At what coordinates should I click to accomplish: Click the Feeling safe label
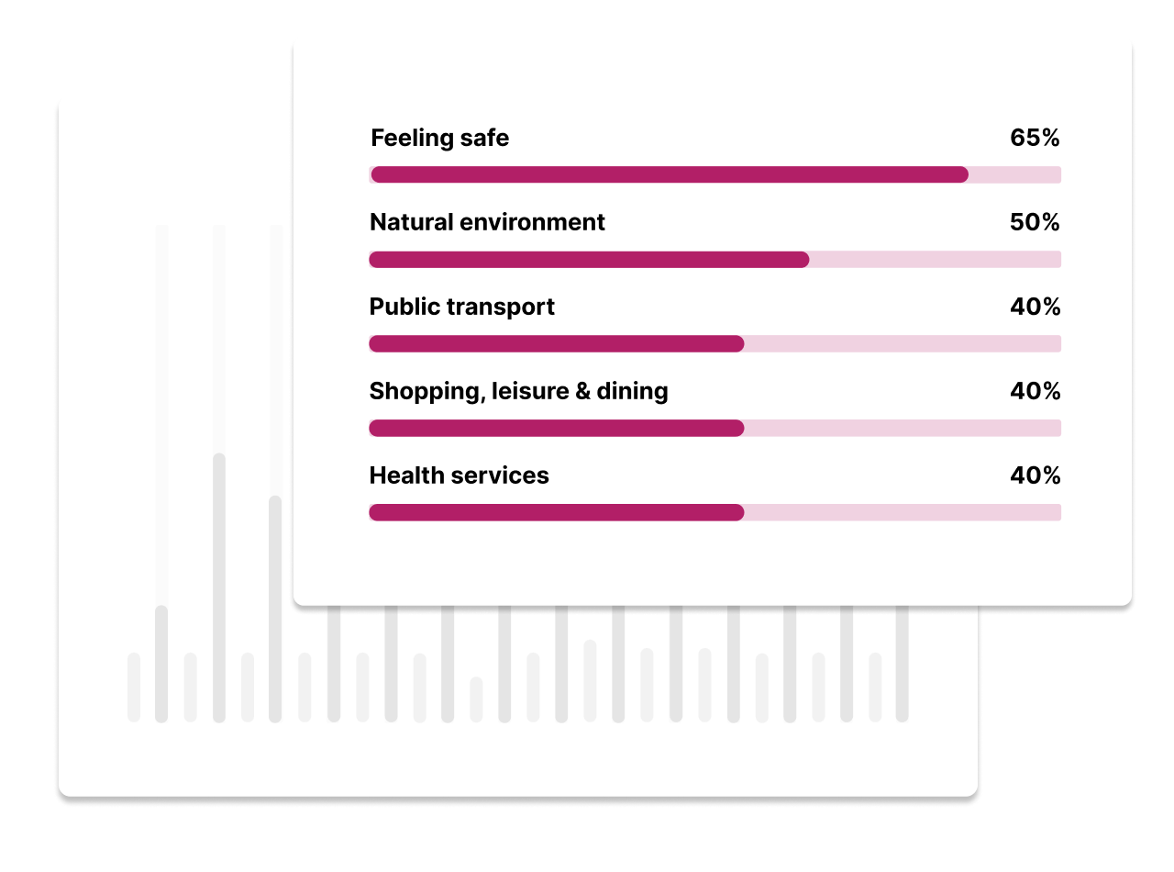[439, 139]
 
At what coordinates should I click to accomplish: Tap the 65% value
[1035, 138]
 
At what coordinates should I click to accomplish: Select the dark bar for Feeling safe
[670, 174]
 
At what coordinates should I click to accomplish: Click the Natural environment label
[487, 222]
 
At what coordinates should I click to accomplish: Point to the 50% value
[1035, 222]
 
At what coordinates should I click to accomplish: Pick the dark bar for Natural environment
[589, 260]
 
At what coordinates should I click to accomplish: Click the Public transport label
[461, 307]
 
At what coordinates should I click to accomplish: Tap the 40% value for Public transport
[1035, 307]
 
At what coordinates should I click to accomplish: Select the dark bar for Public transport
[557, 344]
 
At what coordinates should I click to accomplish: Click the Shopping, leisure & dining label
[519, 392]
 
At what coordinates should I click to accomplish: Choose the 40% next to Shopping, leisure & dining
[1035, 391]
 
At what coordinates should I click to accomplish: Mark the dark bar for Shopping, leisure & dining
[557, 428]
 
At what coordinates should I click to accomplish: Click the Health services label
[459, 475]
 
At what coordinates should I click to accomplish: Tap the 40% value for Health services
[1035, 475]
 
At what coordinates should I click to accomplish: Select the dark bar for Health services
[557, 512]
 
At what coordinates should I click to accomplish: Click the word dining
[632, 392]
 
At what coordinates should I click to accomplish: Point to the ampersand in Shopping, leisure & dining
[582, 391]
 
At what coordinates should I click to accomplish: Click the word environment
[532, 222]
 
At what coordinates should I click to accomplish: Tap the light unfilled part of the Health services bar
[903, 512]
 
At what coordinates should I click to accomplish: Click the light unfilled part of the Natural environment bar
[936, 260]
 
